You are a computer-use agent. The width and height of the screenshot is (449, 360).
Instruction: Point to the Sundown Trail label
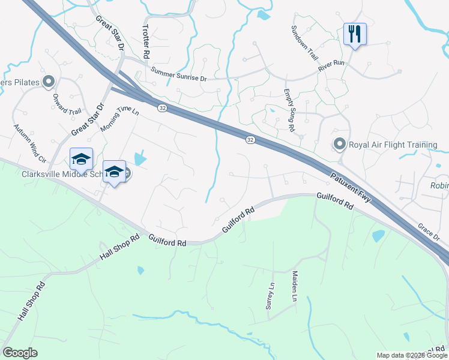click(x=304, y=41)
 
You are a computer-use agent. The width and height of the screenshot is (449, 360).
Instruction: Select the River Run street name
click(x=332, y=65)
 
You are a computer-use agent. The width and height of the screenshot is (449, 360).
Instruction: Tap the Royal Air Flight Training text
click(x=393, y=145)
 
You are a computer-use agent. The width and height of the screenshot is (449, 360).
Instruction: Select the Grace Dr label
click(x=429, y=232)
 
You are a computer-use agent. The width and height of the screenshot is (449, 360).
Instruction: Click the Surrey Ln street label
click(x=270, y=296)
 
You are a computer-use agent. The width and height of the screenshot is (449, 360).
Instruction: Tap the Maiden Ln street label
click(x=295, y=286)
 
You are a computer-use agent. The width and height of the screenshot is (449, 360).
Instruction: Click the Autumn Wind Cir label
click(x=29, y=145)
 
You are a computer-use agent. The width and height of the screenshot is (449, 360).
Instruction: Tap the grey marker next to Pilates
click(x=49, y=82)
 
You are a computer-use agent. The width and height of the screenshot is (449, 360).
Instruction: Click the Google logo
click(x=20, y=353)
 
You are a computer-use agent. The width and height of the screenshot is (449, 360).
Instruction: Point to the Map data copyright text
click(x=412, y=355)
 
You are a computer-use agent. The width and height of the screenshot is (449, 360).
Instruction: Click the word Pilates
click(x=27, y=82)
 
